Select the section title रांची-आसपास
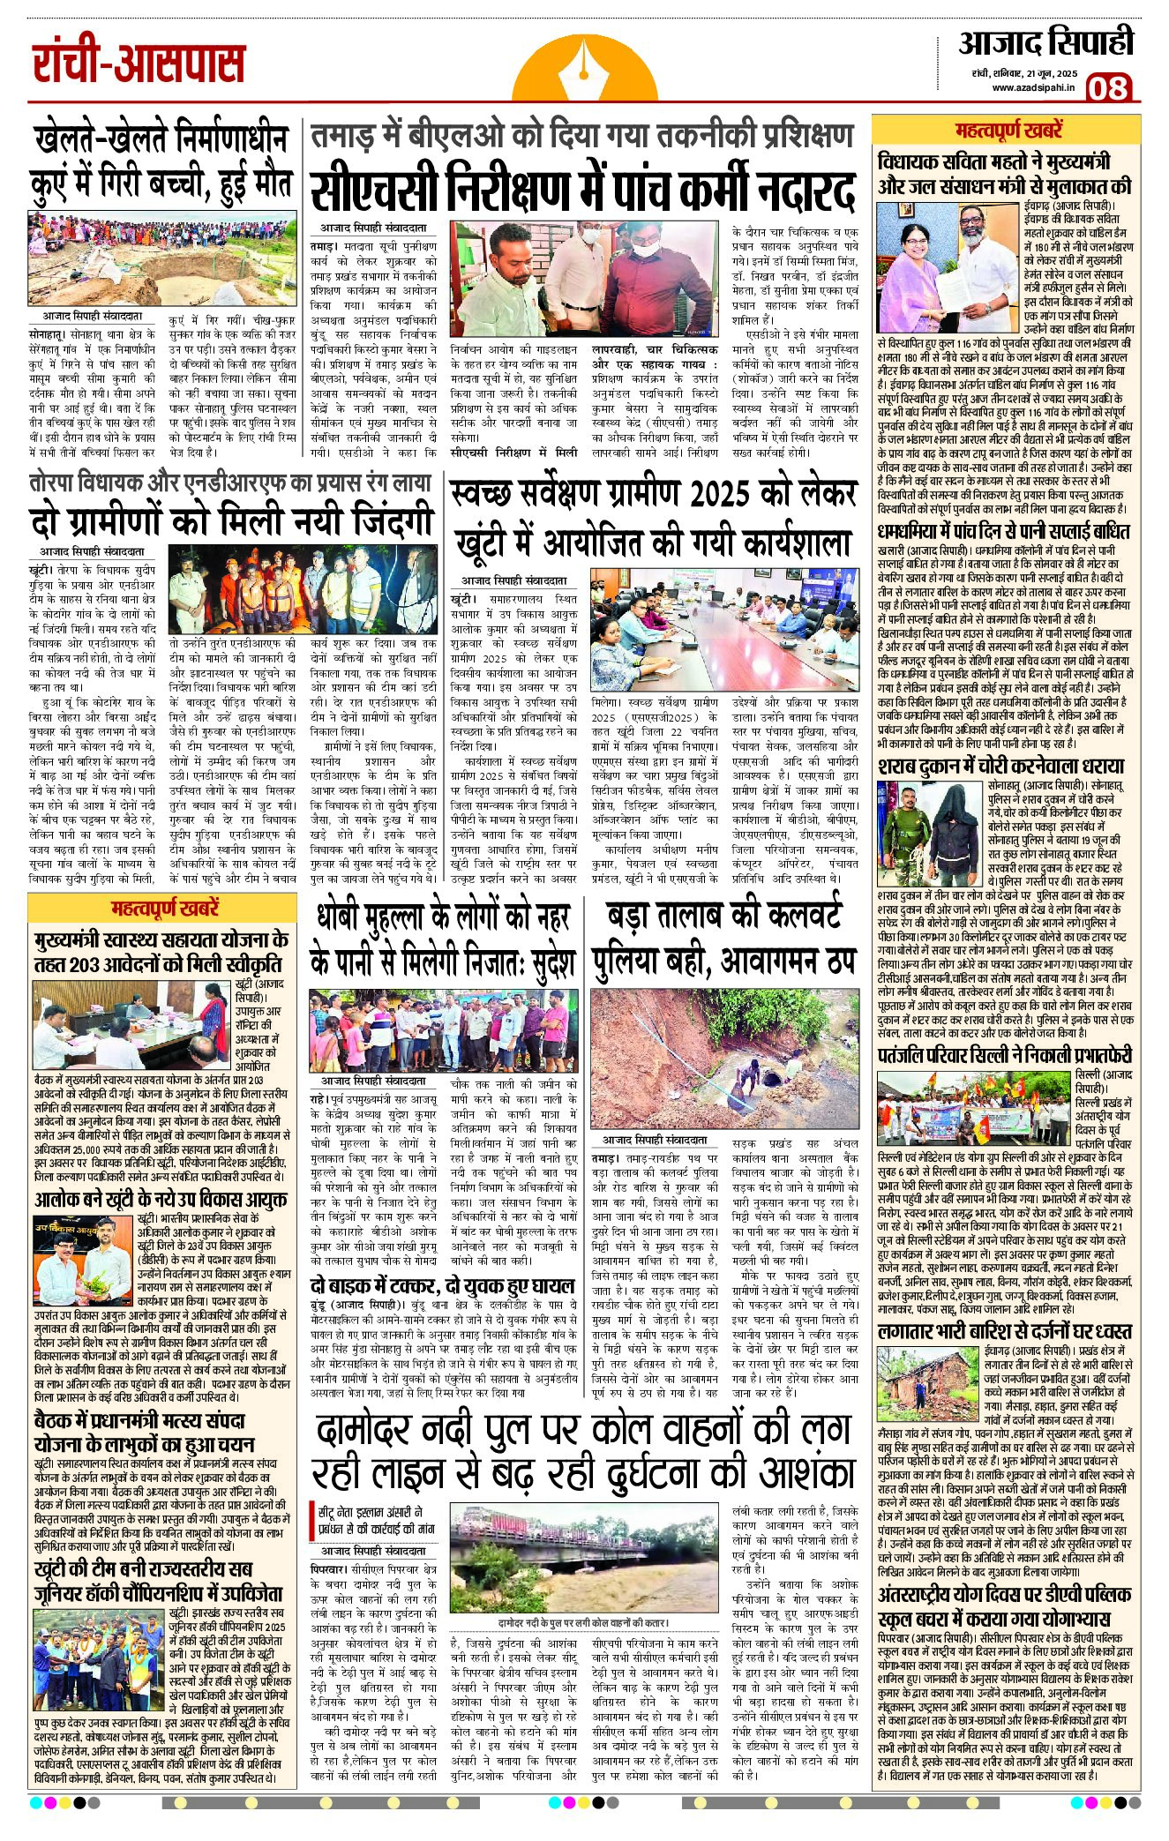coord(139,64)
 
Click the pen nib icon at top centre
coord(584,67)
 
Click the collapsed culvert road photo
coord(723,1055)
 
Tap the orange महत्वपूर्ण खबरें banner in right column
coord(1008,131)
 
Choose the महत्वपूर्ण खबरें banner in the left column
coord(165,909)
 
